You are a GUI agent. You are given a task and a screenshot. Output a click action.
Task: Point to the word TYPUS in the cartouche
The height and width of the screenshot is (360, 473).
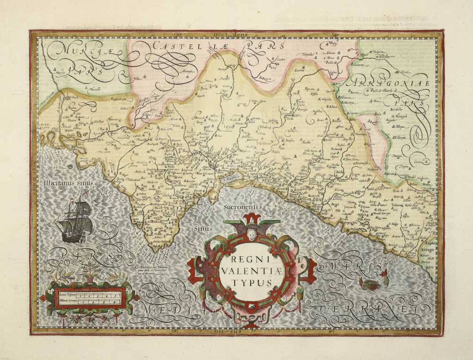click(252, 282)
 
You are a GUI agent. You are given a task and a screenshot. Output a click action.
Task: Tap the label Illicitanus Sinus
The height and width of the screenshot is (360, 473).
click(65, 182)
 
